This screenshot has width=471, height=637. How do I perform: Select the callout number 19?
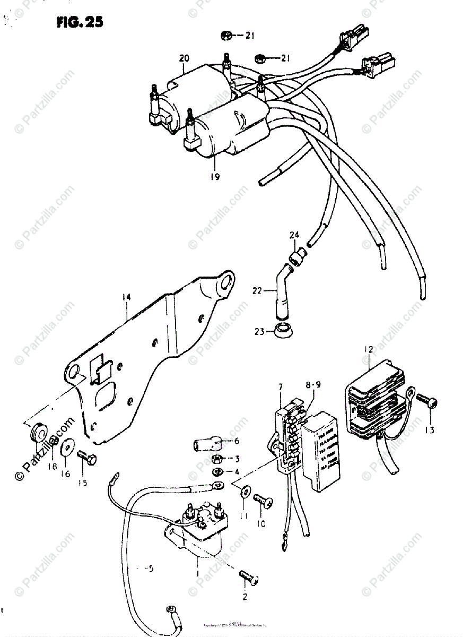[x=214, y=177]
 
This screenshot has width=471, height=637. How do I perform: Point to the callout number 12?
[x=368, y=349]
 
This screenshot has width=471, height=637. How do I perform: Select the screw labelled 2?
[x=246, y=574]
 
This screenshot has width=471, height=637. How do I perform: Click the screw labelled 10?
[x=262, y=500]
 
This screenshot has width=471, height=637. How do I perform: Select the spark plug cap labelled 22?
[x=280, y=300]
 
